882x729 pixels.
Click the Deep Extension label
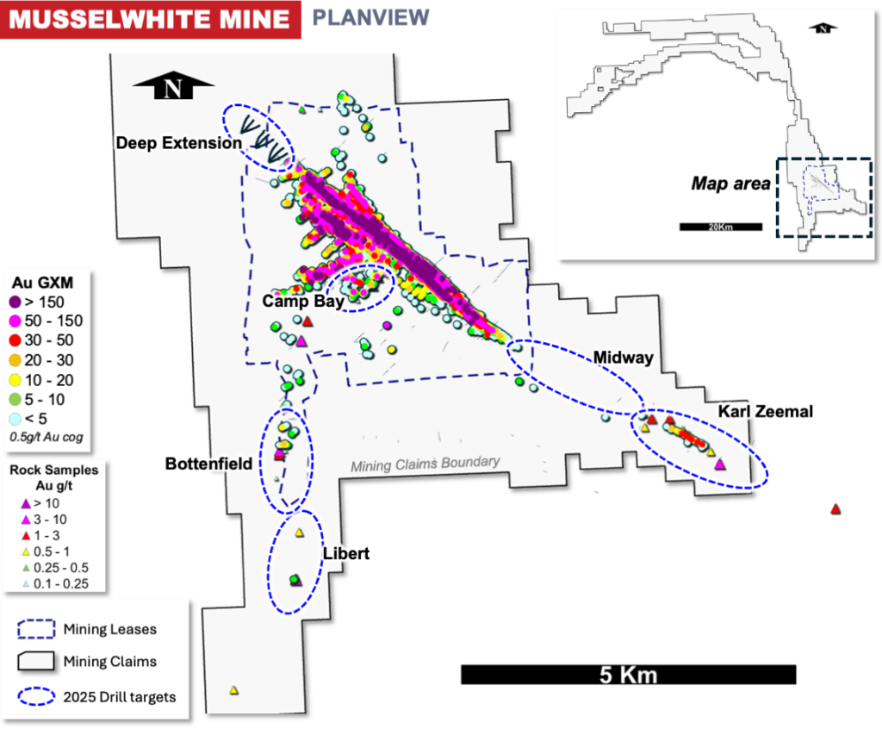click(x=179, y=143)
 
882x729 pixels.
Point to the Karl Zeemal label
click(x=765, y=412)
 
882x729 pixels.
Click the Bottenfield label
click(x=208, y=464)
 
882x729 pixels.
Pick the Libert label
click(x=345, y=553)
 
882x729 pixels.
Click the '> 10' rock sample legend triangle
click(x=25, y=503)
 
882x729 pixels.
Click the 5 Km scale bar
click(x=628, y=674)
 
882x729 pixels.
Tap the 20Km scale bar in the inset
click(x=720, y=227)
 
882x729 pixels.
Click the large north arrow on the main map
click(x=174, y=88)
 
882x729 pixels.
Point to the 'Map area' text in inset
click(x=730, y=183)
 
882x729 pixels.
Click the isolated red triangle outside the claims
click(x=835, y=509)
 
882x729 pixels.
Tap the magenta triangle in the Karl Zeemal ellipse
click(x=720, y=465)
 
